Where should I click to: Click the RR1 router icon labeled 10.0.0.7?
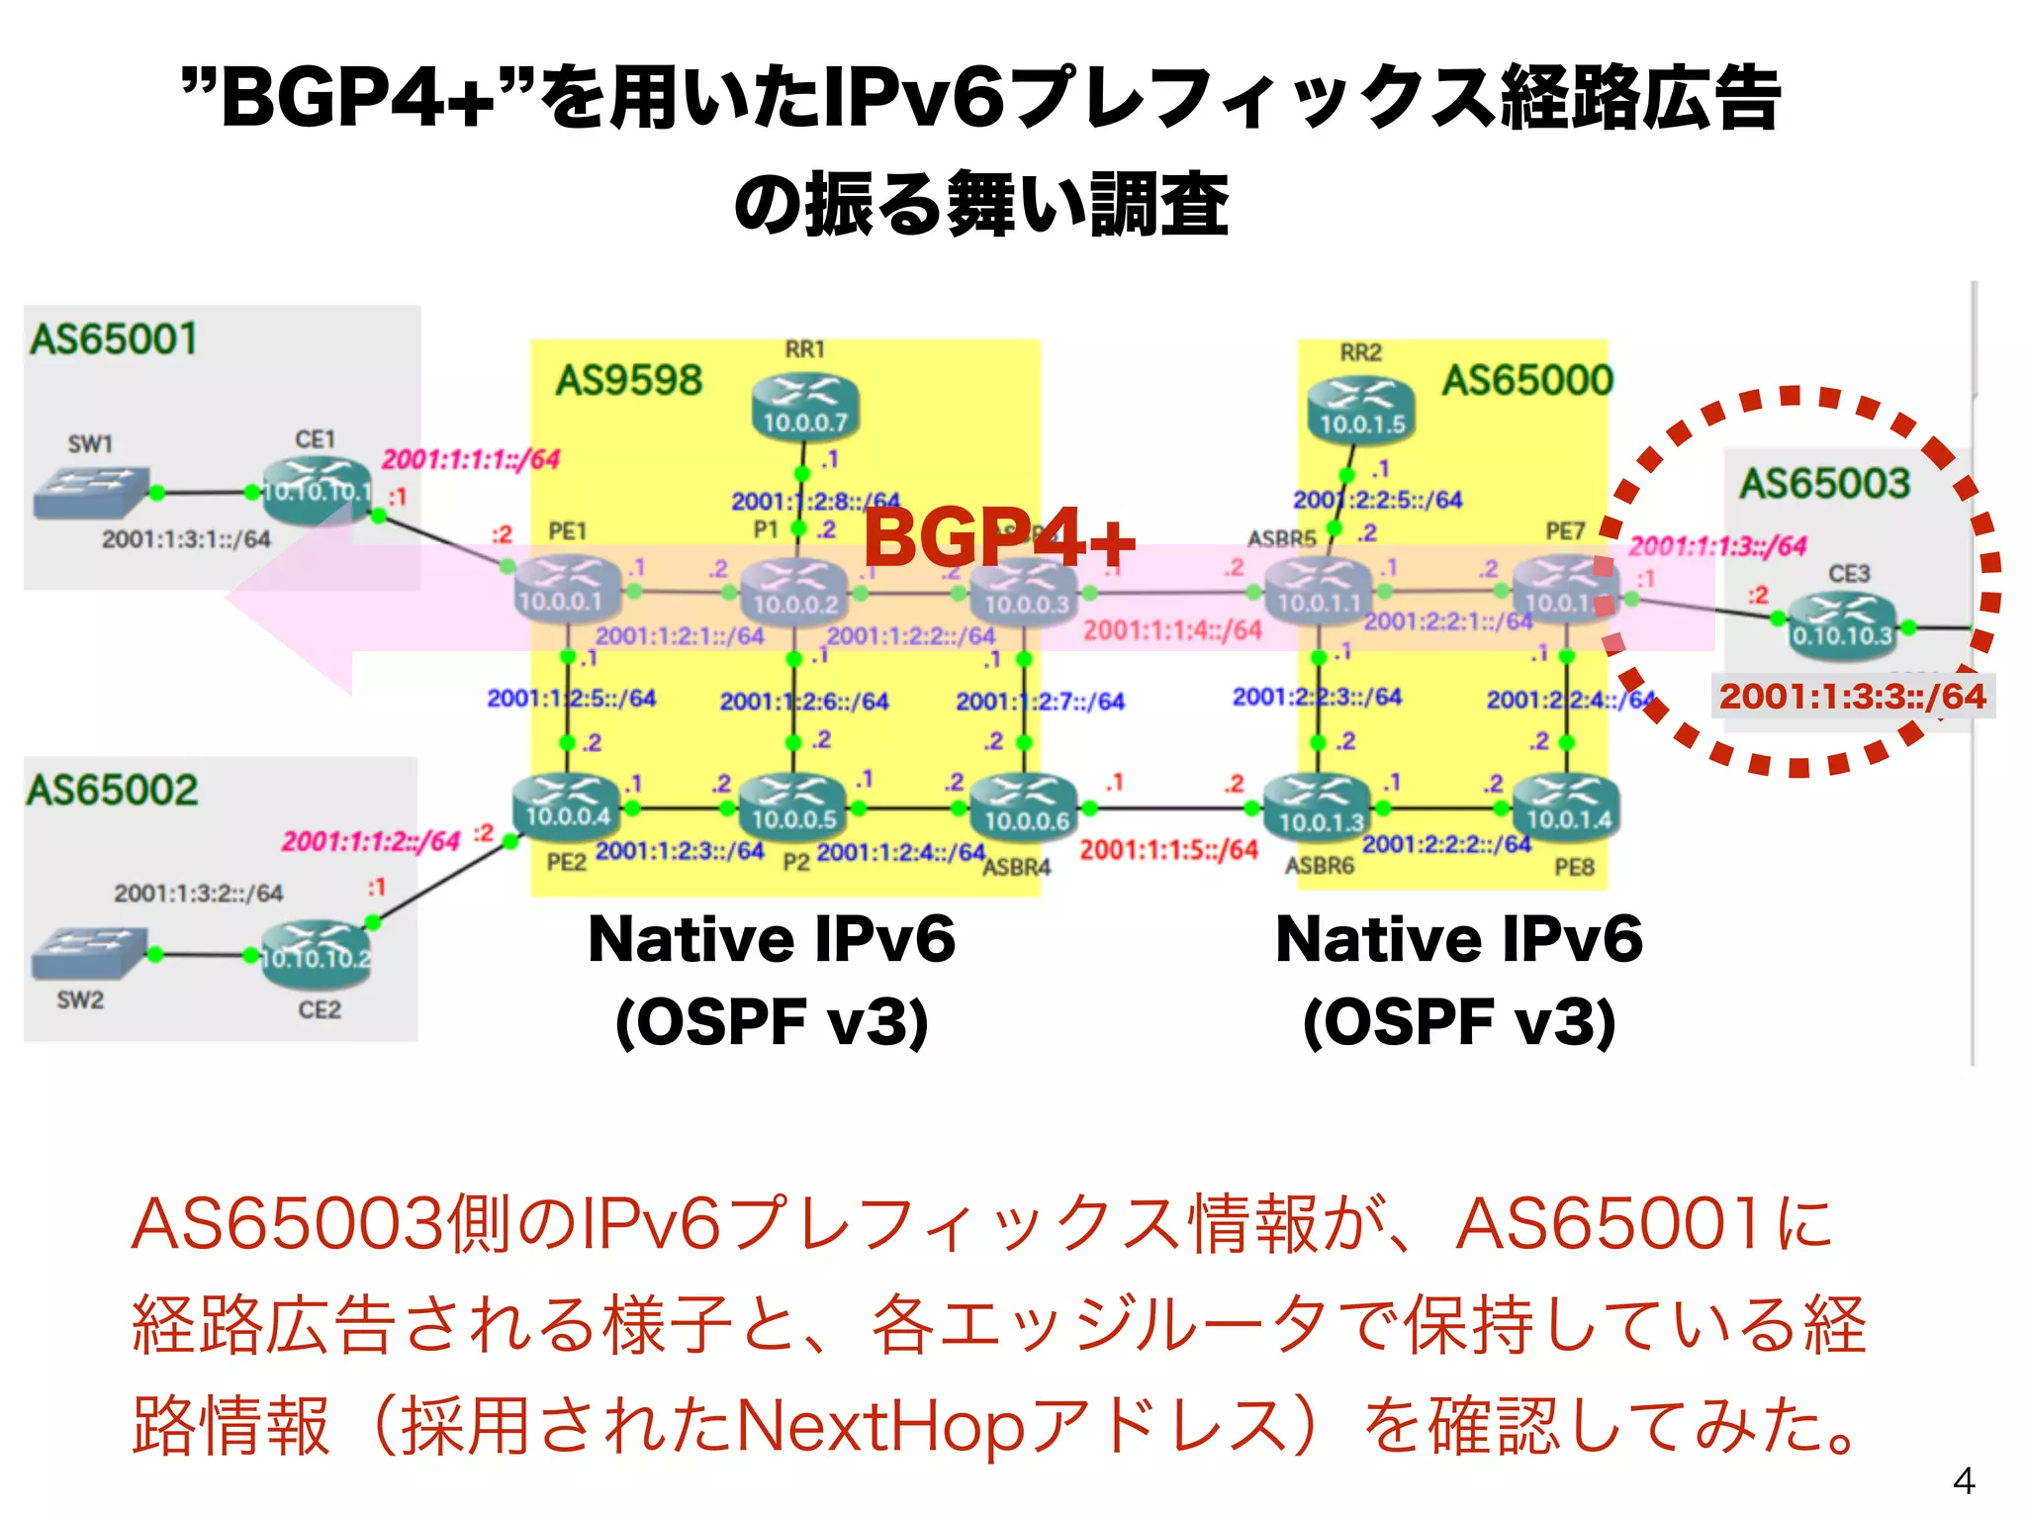point(804,408)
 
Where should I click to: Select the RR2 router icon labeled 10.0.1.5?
point(1361,410)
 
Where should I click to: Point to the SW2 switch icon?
point(88,953)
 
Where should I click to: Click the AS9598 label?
point(629,380)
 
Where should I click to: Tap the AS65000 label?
point(1527,380)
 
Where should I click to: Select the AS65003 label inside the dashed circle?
point(1824,483)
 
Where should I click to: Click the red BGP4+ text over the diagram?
point(999,538)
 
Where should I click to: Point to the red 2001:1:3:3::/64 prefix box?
point(1852,696)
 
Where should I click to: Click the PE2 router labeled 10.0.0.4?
point(566,807)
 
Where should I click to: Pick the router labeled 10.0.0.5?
point(793,807)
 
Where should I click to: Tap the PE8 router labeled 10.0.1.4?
point(1567,807)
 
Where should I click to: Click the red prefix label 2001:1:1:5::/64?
point(1168,849)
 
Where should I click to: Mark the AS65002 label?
point(112,790)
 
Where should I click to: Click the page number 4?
point(1964,1481)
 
